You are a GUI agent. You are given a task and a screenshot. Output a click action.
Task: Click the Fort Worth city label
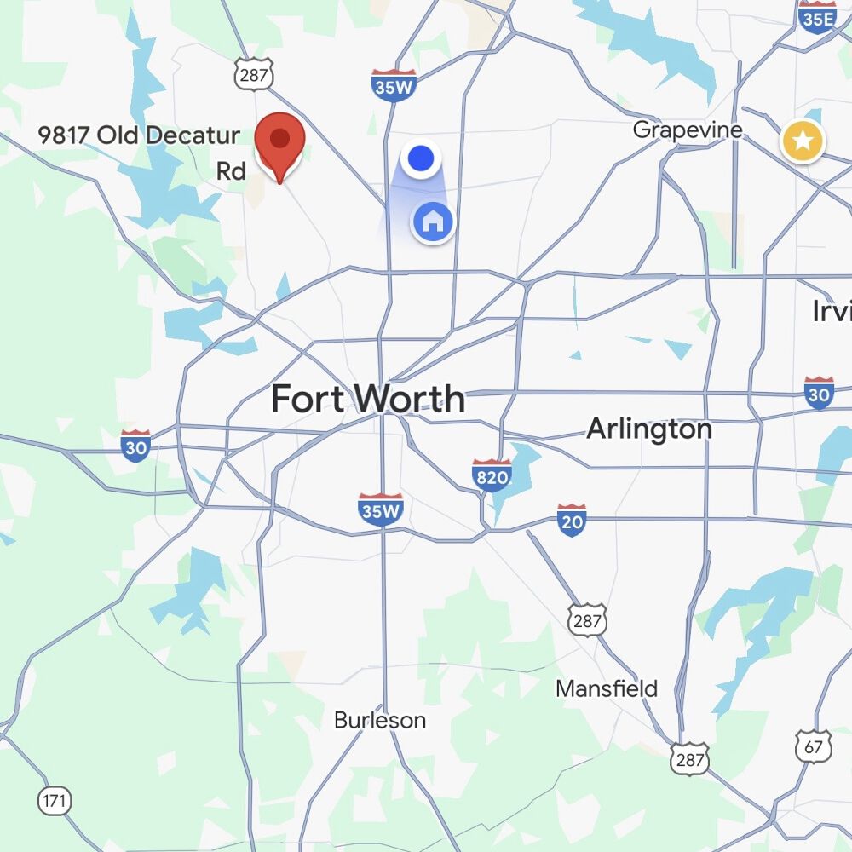click(368, 399)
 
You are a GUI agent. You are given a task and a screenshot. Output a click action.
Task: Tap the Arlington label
click(649, 429)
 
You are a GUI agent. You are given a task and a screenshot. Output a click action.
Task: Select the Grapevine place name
click(688, 130)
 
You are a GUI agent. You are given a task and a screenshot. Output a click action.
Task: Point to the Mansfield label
click(607, 688)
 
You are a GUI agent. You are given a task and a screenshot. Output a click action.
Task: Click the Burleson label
click(379, 720)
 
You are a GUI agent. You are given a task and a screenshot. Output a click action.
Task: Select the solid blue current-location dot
click(421, 158)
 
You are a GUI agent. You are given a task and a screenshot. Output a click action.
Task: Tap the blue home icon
click(433, 222)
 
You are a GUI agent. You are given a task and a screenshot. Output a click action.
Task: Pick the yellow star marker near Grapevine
click(803, 141)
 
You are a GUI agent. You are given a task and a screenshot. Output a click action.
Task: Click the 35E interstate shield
click(818, 17)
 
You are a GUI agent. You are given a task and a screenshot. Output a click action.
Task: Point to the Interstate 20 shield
click(572, 519)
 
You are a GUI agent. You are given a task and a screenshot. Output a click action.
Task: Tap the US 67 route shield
click(813, 746)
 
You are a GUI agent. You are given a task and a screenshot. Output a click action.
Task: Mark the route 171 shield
click(55, 801)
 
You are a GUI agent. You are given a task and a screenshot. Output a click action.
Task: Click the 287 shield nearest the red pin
click(254, 75)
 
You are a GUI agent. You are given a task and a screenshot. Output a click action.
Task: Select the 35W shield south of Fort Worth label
click(380, 509)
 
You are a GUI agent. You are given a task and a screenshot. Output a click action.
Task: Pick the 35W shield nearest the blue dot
click(394, 85)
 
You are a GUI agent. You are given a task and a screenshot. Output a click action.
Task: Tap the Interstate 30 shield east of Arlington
click(818, 392)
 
